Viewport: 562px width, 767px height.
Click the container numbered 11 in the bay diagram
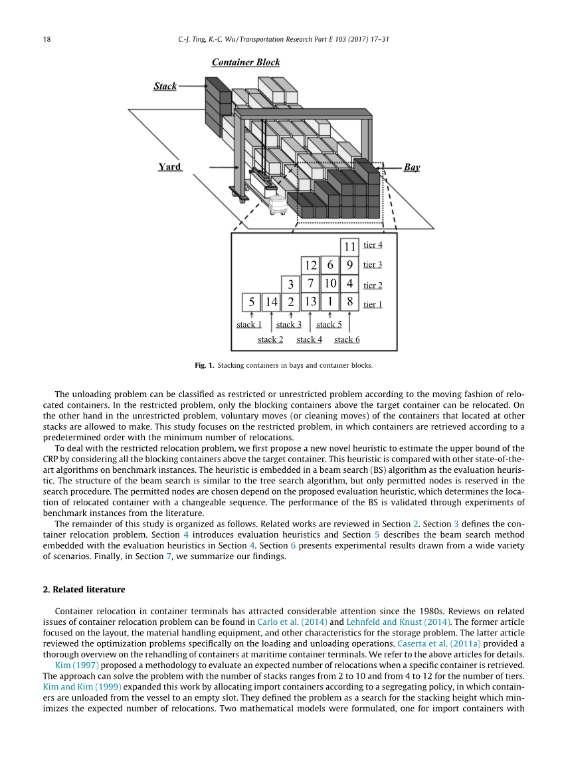tap(349, 246)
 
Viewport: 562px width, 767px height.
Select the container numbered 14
tap(271, 301)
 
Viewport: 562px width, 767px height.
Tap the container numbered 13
tap(310, 301)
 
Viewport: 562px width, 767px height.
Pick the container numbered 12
tap(310, 265)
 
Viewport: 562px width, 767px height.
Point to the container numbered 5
tap(251, 301)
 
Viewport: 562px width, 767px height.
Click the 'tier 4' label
tap(373, 245)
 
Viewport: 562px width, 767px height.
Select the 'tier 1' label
tap(373, 304)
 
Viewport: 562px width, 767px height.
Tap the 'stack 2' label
tap(270, 339)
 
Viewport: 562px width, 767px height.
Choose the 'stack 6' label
tap(347, 339)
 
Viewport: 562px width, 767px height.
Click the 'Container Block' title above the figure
tap(246, 62)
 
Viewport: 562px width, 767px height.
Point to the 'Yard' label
tap(169, 167)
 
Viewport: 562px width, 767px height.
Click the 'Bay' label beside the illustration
tap(412, 167)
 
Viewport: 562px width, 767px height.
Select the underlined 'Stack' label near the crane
tap(165, 86)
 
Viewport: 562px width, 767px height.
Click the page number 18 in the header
tap(47, 39)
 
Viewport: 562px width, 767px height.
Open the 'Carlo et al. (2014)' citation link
tap(292, 622)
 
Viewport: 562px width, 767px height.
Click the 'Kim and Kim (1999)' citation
tap(82, 687)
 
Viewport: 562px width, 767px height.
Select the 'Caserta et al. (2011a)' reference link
tap(439, 643)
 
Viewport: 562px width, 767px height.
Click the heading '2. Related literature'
tap(84, 590)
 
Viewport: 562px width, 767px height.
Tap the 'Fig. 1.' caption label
tap(205, 365)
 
